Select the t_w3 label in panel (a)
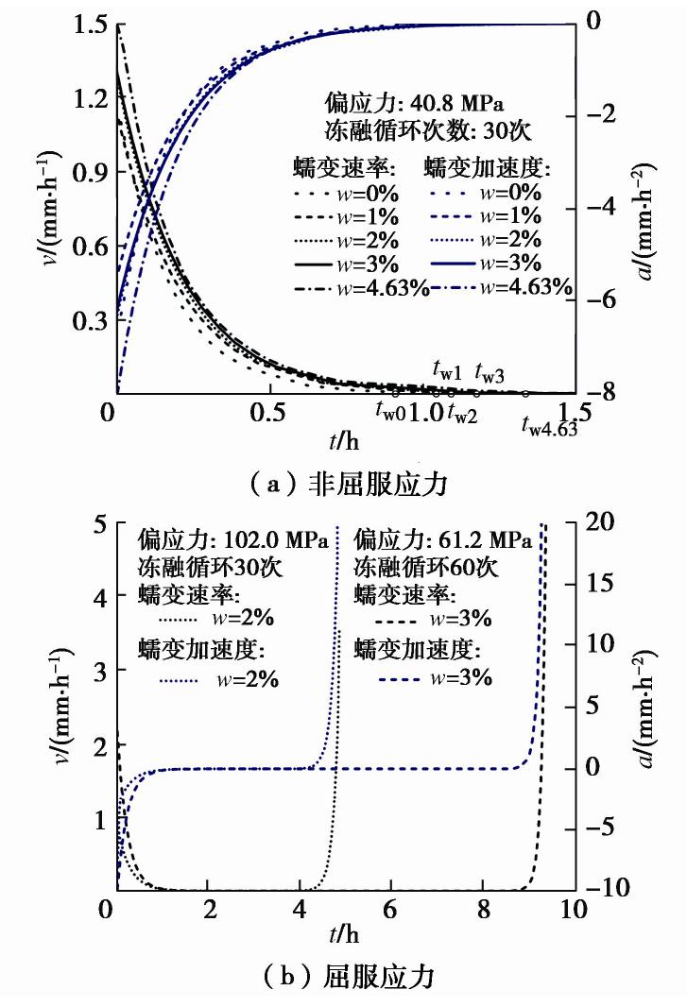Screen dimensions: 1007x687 coord(489,370)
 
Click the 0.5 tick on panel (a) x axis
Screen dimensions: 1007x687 coord(270,412)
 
